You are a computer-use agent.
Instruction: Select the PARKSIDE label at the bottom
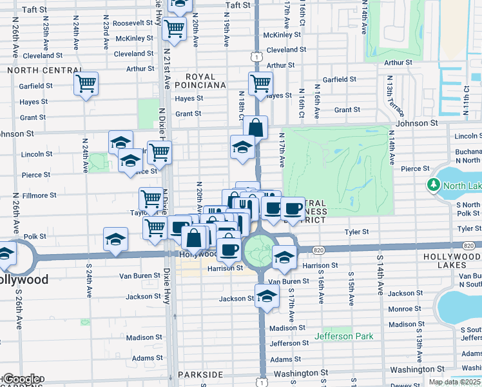pos(202,374)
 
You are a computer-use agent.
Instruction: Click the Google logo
pos(21,379)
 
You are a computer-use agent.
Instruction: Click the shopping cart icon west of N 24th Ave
pos(86,83)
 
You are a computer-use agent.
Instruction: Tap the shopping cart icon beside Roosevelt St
pos(174,28)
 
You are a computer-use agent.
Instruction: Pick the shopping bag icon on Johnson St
pos(255,127)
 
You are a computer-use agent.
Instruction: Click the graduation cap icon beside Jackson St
pos(265,296)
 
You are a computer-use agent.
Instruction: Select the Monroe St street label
pos(405,309)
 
